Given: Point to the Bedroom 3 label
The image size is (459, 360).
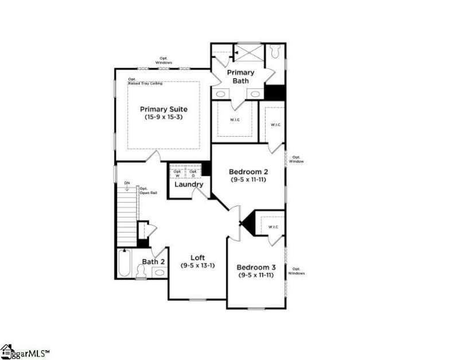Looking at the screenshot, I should coord(256,268).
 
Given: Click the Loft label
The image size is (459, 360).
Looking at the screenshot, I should coord(197,258).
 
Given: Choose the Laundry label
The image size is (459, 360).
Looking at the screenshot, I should coord(189,185).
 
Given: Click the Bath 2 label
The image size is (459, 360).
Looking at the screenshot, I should coord(154,262).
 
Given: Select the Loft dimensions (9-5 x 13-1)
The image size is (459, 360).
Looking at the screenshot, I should coord(197,266).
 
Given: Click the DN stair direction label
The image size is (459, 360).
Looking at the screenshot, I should coord(127,183).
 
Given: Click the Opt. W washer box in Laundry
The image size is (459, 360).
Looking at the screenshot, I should coord(177,173).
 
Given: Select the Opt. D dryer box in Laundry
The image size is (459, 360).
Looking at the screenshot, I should coord(193,173).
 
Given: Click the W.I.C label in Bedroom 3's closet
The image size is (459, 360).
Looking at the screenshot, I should coord(273,227).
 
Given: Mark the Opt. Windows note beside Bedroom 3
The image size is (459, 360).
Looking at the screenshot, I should coord(297,271).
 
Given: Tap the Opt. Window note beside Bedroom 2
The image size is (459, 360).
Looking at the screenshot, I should coord(297,159).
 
